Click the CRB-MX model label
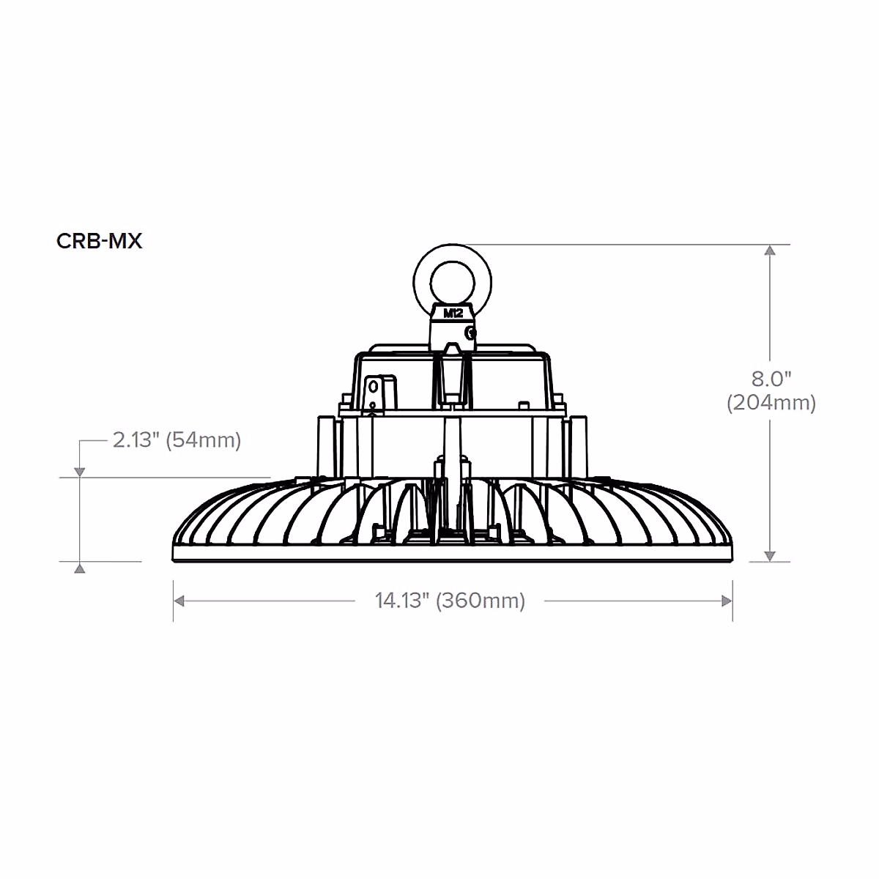pos(99,241)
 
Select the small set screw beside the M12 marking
pos(471,334)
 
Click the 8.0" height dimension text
pos(772,379)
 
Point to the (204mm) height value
pos(771,403)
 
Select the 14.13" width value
pos(401,601)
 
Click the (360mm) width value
pos(481,601)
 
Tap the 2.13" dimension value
pos(136,440)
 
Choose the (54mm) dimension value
pos(204,440)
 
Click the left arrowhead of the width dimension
pos(179,601)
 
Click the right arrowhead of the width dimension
pos(727,601)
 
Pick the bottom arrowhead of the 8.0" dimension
pos(769,556)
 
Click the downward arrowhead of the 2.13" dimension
pos(79,472)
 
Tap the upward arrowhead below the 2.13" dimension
pos(79,568)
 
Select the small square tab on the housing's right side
pos(524,404)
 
